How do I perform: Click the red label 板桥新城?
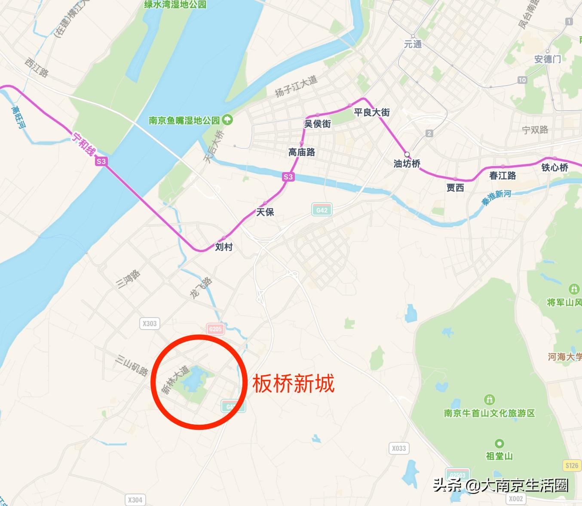[x=293, y=383]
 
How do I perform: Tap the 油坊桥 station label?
[x=407, y=164]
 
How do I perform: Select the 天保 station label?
[x=265, y=212]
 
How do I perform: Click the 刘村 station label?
[x=224, y=247]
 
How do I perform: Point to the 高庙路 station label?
[x=302, y=152]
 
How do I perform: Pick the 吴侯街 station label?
[x=318, y=124]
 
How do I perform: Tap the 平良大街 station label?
[x=372, y=112]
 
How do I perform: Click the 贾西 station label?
[x=455, y=188]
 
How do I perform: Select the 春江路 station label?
[x=502, y=176]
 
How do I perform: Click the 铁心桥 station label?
[x=554, y=167]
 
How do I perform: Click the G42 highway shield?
[x=322, y=210]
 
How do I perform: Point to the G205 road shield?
[x=215, y=329]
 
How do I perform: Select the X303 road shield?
[x=150, y=323]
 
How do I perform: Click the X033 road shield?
[x=398, y=448]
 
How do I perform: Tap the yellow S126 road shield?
[x=572, y=465]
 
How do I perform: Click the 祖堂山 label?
[x=499, y=456]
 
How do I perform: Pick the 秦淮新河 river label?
[x=496, y=197]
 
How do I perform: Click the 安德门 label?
[x=547, y=59]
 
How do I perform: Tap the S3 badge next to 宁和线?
[x=101, y=161]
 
